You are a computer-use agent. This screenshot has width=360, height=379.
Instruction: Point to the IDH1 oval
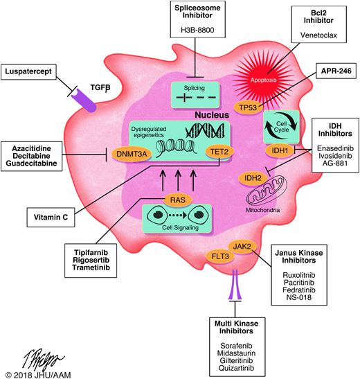(275, 150)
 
